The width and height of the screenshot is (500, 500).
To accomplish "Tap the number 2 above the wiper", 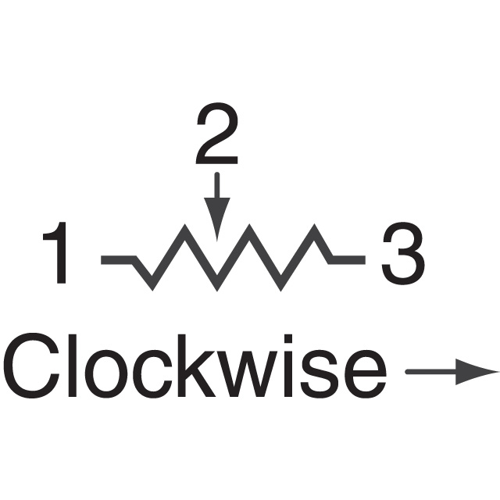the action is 217,133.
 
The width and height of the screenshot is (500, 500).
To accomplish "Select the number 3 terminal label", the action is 403,253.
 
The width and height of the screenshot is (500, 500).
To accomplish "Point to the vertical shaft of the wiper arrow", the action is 217,185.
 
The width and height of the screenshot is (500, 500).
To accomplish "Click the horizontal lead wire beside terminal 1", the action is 118,260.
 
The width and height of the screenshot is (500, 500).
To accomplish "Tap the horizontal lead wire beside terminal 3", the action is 348,260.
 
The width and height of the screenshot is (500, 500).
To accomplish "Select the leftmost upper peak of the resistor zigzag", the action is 184,225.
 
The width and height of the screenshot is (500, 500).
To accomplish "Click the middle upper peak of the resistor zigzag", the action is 249,225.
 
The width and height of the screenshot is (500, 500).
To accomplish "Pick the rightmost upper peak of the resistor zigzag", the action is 314,225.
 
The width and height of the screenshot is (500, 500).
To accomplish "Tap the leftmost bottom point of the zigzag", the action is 153,290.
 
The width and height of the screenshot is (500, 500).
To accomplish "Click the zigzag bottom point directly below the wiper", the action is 217,290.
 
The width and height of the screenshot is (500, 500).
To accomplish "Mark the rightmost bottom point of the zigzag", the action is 281,290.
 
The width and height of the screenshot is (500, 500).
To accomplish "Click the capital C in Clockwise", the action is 31,366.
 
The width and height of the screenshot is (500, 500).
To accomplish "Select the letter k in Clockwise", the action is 196,366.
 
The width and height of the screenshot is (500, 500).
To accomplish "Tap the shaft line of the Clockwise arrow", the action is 430,372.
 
